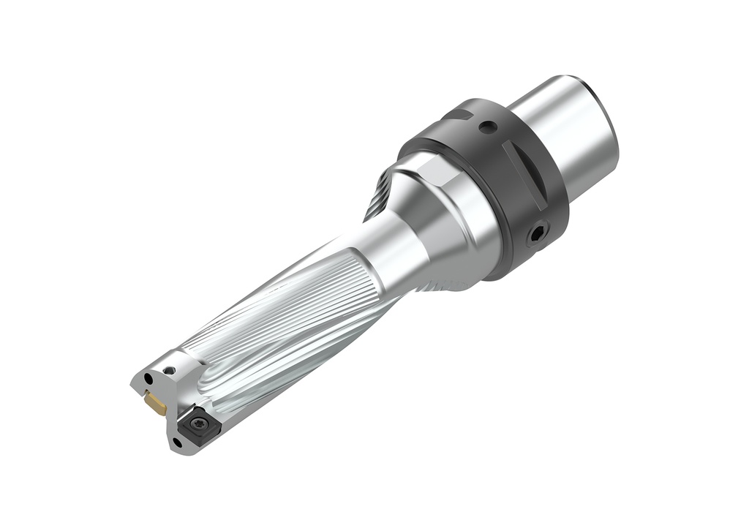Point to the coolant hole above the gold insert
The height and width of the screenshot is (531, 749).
(x=149, y=379)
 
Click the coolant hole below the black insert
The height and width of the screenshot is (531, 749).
(x=176, y=442)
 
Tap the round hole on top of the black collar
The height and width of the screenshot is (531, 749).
(x=488, y=127)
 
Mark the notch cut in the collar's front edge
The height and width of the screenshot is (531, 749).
(x=459, y=114)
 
